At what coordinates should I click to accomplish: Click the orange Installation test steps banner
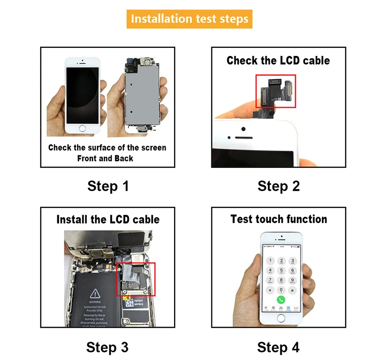[x=190, y=19]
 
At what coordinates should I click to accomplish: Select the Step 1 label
[x=108, y=186]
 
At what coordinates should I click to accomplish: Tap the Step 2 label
[x=278, y=186]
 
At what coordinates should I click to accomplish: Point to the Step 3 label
[x=107, y=347]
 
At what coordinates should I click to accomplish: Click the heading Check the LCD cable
[x=278, y=60]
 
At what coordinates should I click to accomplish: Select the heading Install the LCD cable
[x=108, y=220]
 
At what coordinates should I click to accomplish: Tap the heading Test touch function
[x=278, y=219]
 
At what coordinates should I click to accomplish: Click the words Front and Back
[x=105, y=158]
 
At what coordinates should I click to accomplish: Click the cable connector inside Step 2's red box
[x=276, y=90]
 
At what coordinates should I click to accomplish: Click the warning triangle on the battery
[x=95, y=292]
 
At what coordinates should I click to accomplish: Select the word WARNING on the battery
[x=95, y=302]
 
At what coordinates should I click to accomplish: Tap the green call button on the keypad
[x=281, y=300]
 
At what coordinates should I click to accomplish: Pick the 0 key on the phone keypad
[x=281, y=290]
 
